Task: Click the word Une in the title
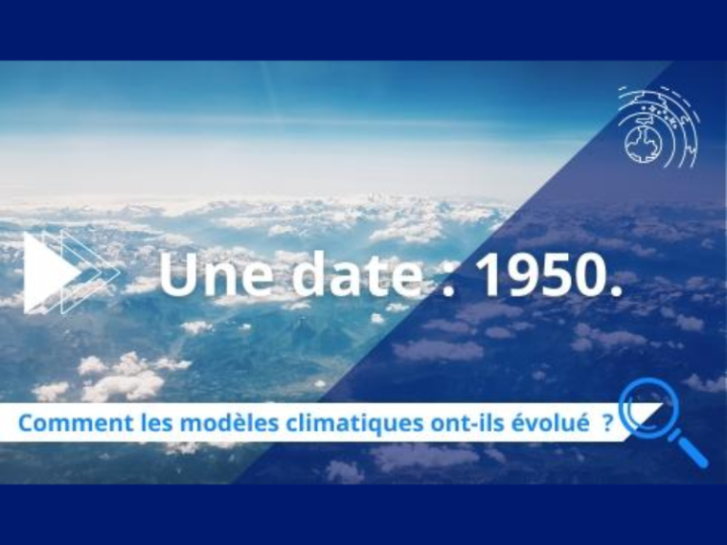click(217, 274)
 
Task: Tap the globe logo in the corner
click(659, 127)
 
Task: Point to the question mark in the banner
click(608, 423)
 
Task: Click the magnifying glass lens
click(647, 407)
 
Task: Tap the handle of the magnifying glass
click(688, 448)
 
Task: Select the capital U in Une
click(179, 275)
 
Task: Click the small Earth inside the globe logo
click(642, 143)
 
